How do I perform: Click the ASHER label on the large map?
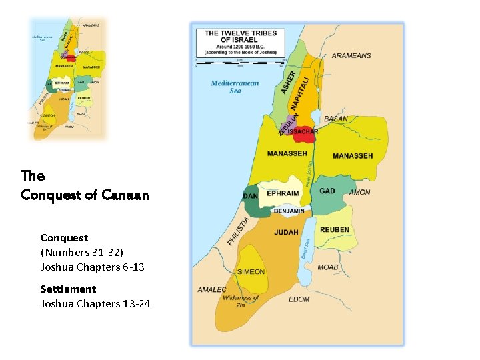288,82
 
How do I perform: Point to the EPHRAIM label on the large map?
283,193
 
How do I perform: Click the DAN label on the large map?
251,196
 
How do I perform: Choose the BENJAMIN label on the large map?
289,211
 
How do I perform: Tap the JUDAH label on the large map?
286,233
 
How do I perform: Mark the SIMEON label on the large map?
251,271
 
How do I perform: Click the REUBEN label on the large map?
334,230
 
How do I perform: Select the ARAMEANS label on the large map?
351,55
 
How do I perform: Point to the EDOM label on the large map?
299,299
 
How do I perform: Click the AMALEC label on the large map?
212,289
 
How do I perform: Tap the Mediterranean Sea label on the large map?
235,87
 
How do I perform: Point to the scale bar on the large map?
239,62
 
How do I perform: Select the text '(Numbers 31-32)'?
82,252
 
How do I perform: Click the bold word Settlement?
68,289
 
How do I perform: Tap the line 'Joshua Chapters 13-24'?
95,304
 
